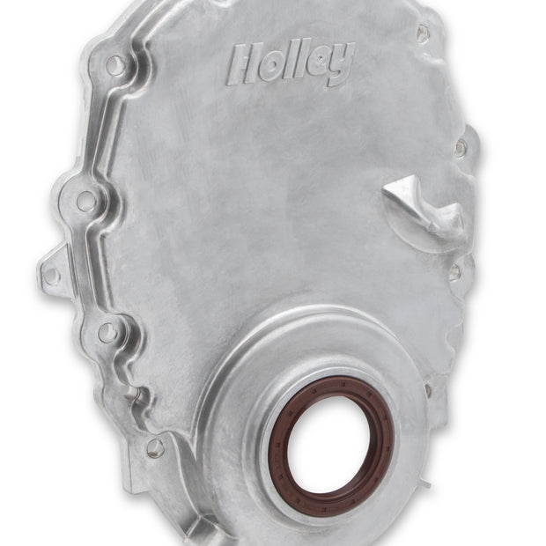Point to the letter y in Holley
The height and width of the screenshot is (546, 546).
click(342, 66)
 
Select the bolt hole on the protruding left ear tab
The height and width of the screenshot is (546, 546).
click(52, 274)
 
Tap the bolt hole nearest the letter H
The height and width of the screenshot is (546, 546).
click(115, 65)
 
